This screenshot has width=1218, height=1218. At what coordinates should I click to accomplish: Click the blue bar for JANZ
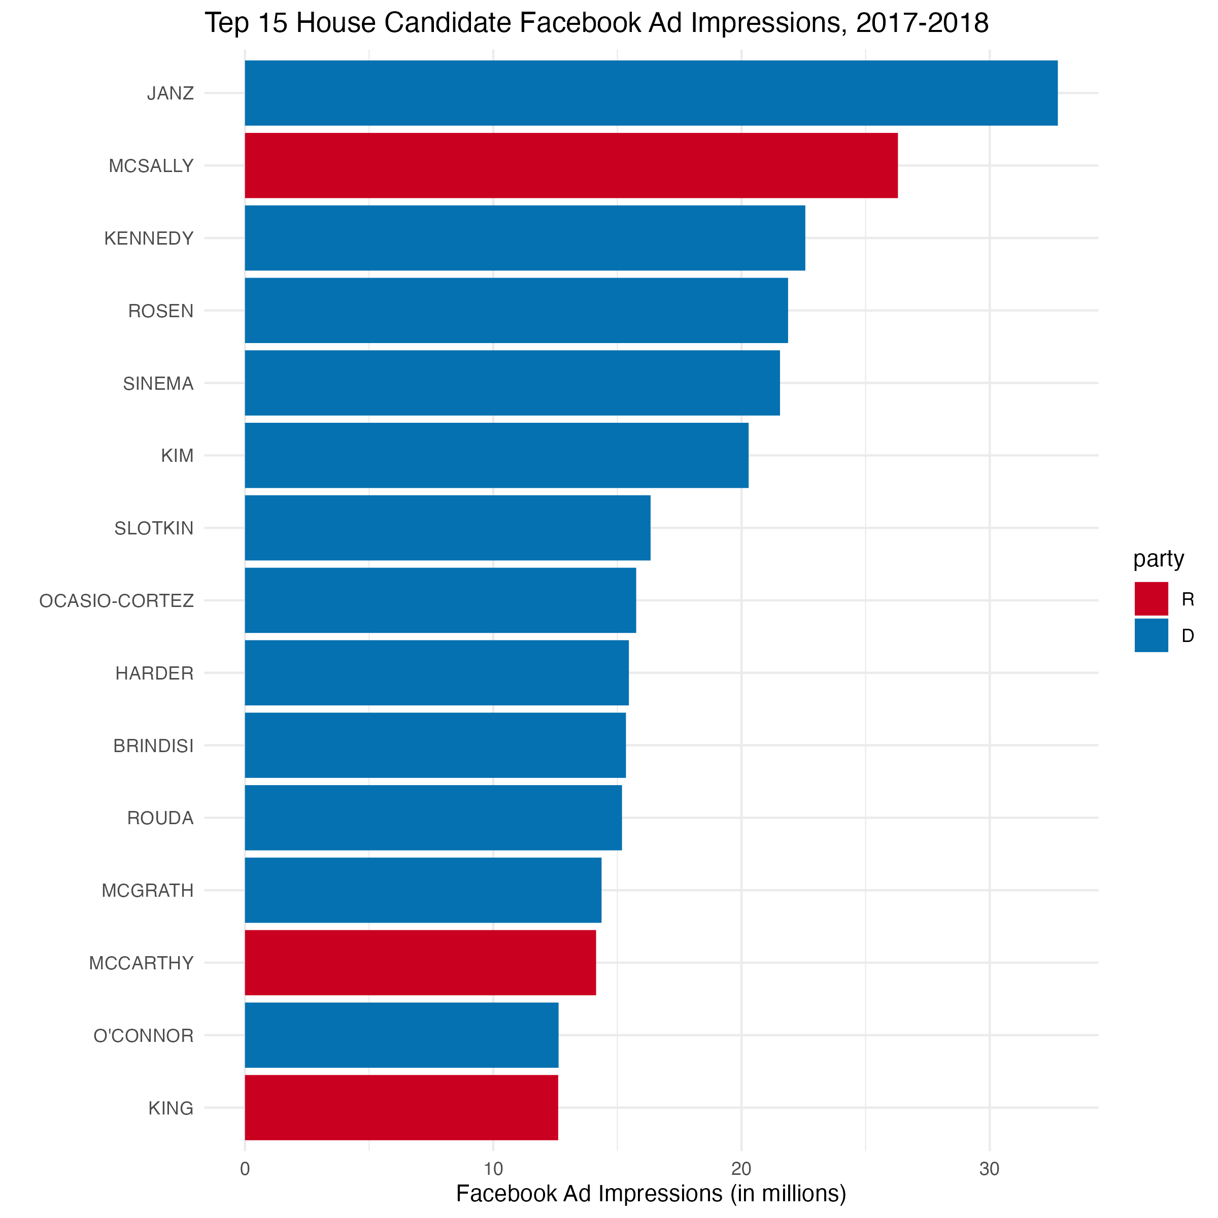651,93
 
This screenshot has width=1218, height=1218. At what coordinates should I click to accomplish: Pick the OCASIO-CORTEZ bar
441,600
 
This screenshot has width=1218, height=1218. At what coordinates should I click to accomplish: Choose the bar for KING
401,1108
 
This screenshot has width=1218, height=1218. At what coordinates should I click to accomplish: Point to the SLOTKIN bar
448,528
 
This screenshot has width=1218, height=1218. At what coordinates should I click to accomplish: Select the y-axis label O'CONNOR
144,1036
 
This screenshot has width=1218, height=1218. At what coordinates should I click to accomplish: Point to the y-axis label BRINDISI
154,746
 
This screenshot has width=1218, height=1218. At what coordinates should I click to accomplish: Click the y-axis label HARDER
154,673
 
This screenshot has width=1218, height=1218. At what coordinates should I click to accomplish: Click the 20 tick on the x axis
741,1169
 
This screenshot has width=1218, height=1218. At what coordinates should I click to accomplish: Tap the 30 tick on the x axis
990,1169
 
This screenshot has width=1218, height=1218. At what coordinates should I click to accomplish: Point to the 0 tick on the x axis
245,1169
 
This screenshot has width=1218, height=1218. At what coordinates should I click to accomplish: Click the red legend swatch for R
1151,599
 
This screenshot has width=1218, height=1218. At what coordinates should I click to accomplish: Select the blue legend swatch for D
1151,635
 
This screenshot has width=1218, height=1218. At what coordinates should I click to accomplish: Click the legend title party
1159,559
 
